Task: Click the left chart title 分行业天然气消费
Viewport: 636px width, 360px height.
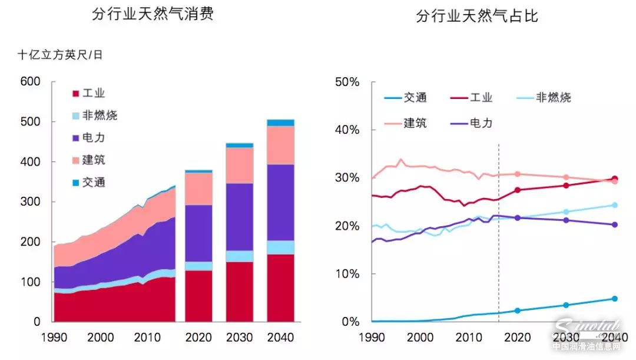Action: click(x=153, y=14)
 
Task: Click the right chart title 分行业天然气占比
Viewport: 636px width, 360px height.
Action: click(x=476, y=16)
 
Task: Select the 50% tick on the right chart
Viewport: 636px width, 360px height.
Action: click(x=347, y=82)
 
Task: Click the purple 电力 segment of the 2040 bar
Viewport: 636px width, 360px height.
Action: click(x=280, y=202)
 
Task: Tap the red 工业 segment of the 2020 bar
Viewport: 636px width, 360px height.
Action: click(x=198, y=296)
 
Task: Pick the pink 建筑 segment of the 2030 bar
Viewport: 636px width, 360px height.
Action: click(x=239, y=165)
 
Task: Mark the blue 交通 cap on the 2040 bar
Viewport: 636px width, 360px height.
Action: click(x=280, y=123)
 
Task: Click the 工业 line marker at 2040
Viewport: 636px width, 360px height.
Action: click(x=615, y=179)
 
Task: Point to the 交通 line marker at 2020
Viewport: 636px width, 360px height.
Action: click(x=518, y=311)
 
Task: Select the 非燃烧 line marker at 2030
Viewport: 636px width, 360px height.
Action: click(x=567, y=212)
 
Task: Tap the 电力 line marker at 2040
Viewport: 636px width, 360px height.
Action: click(x=615, y=224)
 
